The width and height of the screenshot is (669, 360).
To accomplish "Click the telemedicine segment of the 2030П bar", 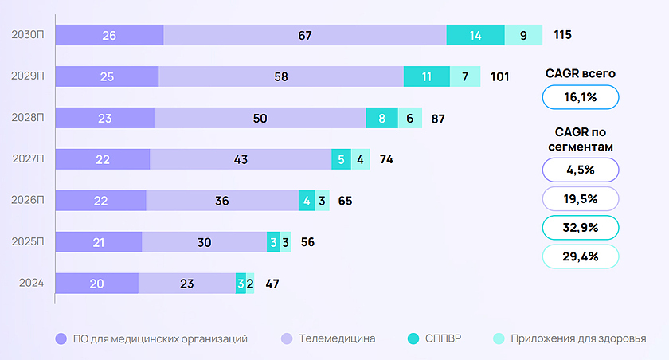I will pos(305,35).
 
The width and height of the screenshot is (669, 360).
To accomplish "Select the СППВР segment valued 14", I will pos(475,35).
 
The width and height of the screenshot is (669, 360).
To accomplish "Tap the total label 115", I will pos(563,35).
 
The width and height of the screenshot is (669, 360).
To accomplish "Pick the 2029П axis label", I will pos(28,76).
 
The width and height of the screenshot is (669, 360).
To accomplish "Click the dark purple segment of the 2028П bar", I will pos(104,118).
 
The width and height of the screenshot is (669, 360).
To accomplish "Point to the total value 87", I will pos(437,118).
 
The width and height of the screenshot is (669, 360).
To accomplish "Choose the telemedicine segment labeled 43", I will pos(241,159).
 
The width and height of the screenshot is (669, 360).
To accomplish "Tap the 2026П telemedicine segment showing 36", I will pos(222,201).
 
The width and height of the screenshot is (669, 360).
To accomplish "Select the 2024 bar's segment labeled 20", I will pos(96,283).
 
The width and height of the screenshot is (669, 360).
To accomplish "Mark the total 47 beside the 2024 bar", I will pos(271,283).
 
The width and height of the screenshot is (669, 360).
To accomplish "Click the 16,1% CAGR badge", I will pos(581,97).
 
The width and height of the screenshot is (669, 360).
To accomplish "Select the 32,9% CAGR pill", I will pos(581,227).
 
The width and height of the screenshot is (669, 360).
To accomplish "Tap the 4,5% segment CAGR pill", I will pos(581,170).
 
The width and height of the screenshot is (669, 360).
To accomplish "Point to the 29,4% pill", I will pos(581,256).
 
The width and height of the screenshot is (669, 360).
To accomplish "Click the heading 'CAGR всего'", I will pos(581,73).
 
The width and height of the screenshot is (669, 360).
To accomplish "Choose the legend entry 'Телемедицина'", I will pos(337,338).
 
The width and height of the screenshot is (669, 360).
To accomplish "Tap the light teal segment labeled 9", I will pos(523,35).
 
